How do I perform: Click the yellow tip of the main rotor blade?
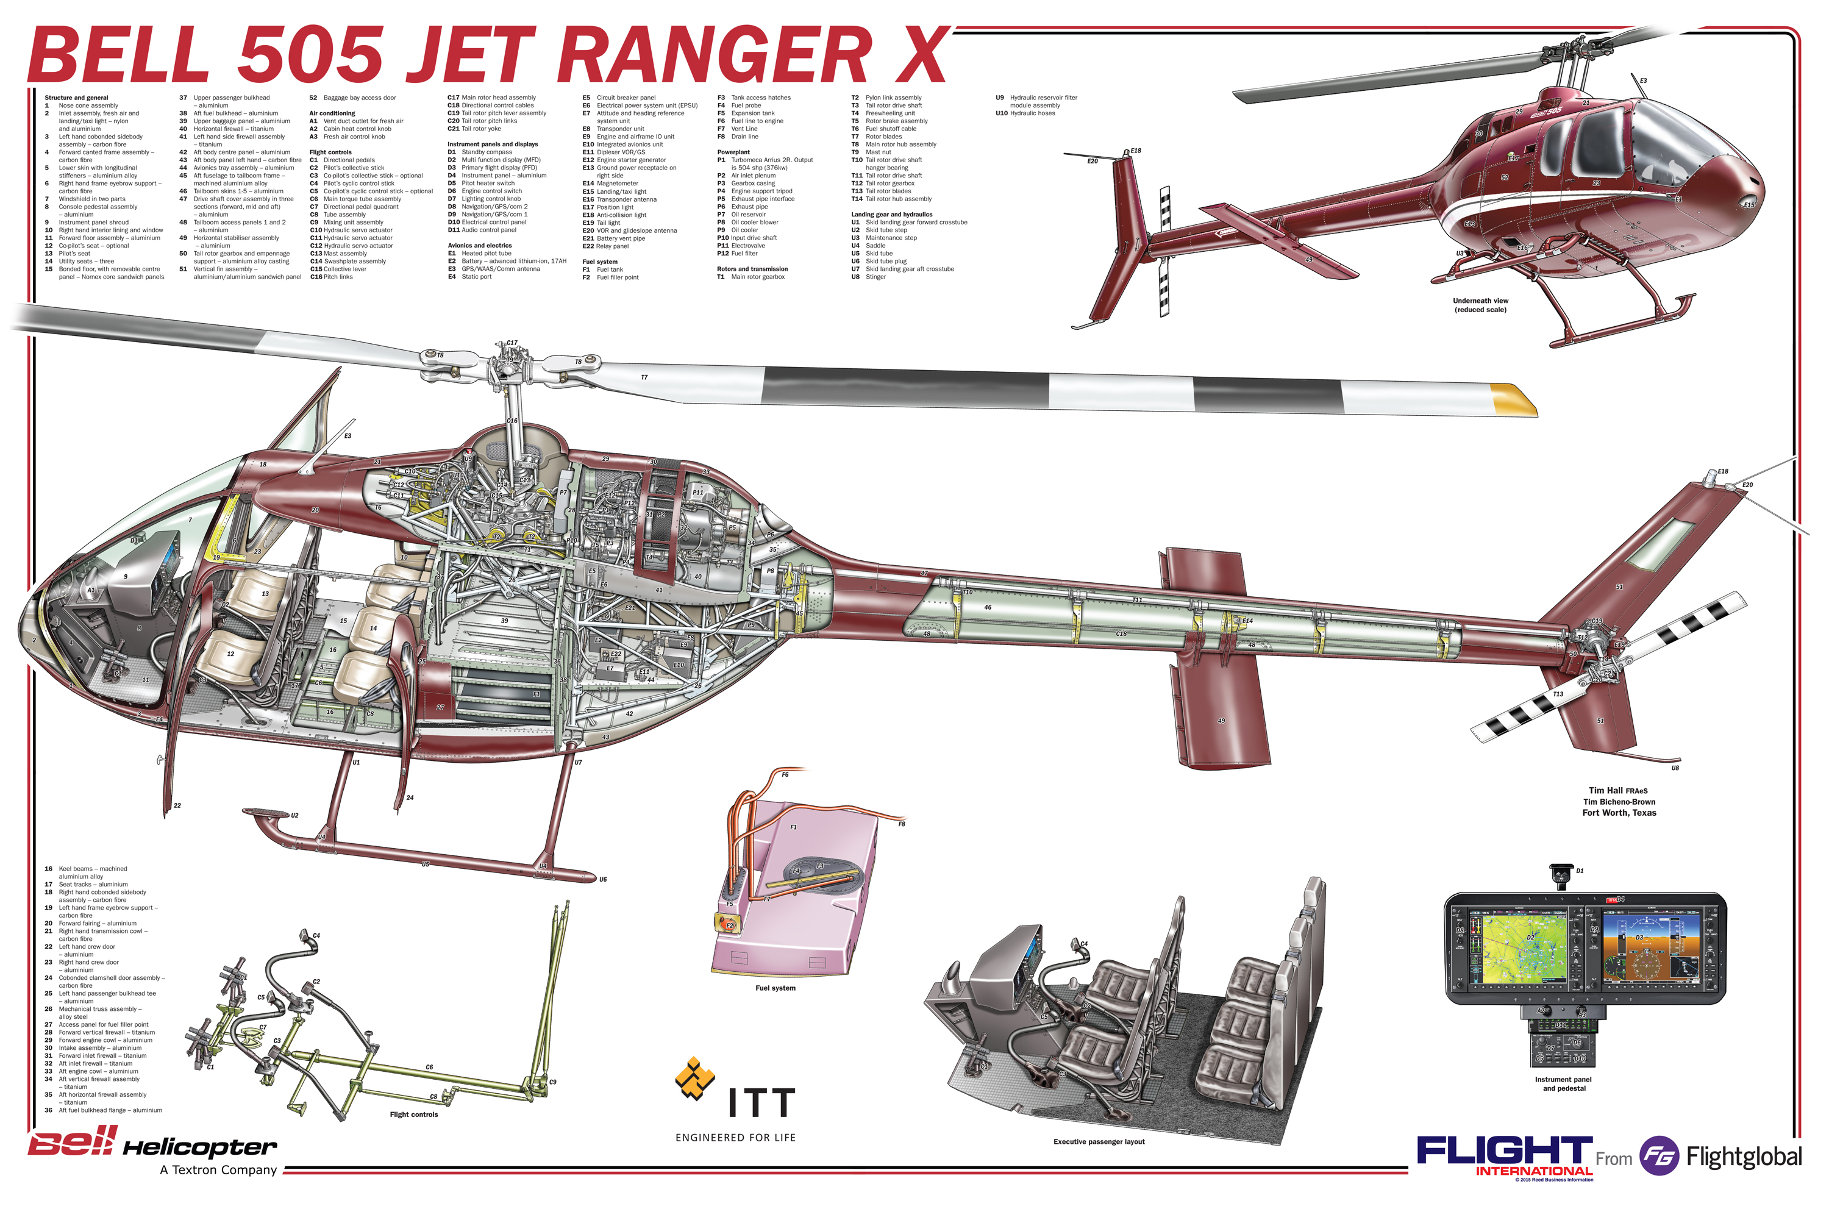pyautogui.click(x=1513, y=399)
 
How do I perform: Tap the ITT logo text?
pyautogui.click(x=761, y=1104)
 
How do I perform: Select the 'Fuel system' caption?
pyautogui.click(x=775, y=988)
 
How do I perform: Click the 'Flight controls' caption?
pyautogui.click(x=413, y=1114)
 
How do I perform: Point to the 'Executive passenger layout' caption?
pyautogui.click(x=1098, y=1141)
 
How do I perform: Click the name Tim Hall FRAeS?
pyautogui.click(x=1617, y=790)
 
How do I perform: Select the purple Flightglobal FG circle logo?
pyautogui.click(x=1658, y=1156)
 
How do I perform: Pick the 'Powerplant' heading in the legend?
pyautogui.click(x=733, y=152)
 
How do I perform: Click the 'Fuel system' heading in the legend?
pyautogui.click(x=599, y=262)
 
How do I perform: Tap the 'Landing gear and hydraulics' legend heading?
pyautogui.click(x=891, y=215)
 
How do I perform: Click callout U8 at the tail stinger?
pyautogui.click(x=1675, y=768)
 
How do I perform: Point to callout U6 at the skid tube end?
pyautogui.click(x=602, y=879)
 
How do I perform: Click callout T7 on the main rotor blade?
pyautogui.click(x=644, y=377)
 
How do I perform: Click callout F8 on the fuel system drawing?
pyautogui.click(x=900, y=824)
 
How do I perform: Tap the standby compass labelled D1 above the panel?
pyautogui.click(x=1561, y=875)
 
